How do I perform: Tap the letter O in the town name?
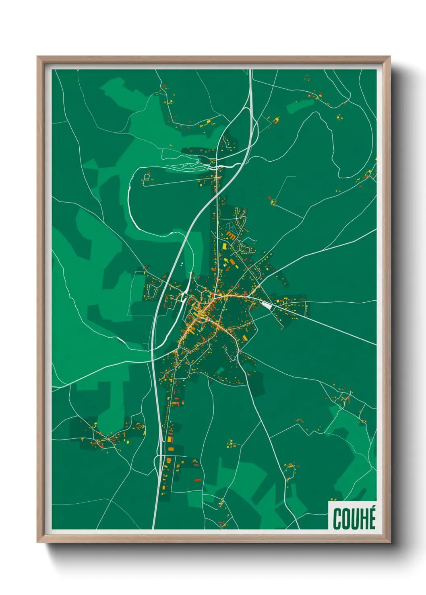346,519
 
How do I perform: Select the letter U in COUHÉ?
356,519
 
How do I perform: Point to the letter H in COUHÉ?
364,519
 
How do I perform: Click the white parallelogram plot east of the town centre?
267,305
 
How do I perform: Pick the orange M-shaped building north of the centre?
231,236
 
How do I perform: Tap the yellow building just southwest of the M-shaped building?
224,245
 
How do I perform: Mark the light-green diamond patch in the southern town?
220,370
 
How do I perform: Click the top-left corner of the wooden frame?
38,57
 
